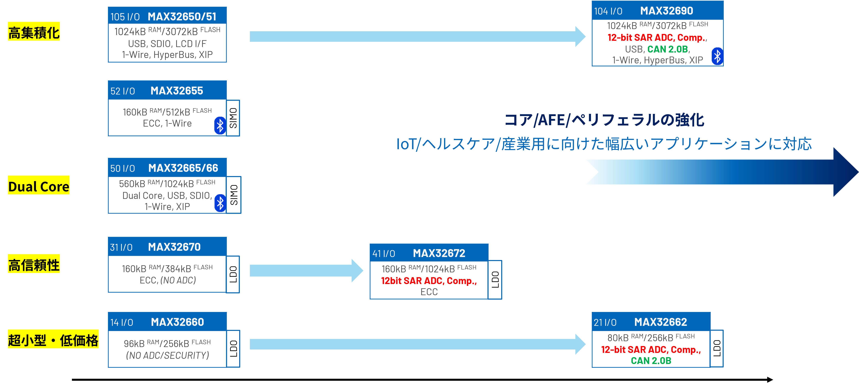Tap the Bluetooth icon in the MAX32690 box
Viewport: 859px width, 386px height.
coord(717,56)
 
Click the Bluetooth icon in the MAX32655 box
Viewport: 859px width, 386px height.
coord(220,126)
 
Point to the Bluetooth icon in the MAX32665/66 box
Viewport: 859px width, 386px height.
coord(220,203)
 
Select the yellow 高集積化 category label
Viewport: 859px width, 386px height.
coord(34,32)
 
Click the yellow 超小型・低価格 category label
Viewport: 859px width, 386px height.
coord(53,340)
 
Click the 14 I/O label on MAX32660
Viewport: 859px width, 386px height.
coord(122,322)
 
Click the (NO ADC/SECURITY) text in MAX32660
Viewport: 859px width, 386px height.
coord(167,355)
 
